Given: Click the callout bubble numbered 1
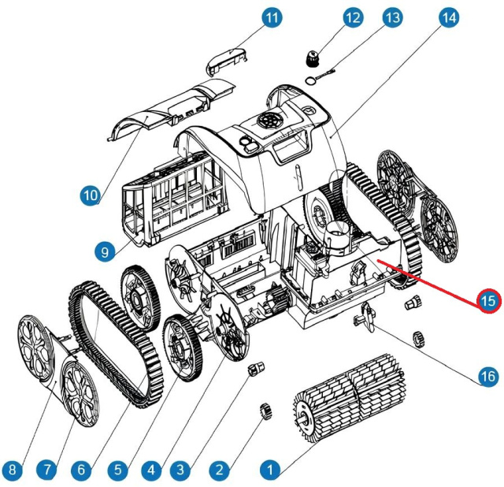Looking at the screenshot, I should (x=269, y=470).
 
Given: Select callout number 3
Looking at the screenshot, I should (x=182, y=470).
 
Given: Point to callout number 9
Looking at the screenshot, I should (x=104, y=252).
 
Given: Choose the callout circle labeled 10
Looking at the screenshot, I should (x=90, y=193).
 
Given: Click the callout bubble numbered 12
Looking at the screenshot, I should (x=352, y=17).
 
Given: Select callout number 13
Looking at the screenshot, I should (x=391, y=17).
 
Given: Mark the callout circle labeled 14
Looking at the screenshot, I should (x=449, y=17).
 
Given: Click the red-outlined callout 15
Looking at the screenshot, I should (x=489, y=300).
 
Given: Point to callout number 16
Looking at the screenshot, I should (x=488, y=377).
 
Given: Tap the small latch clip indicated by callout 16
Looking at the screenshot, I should (x=366, y=315).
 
